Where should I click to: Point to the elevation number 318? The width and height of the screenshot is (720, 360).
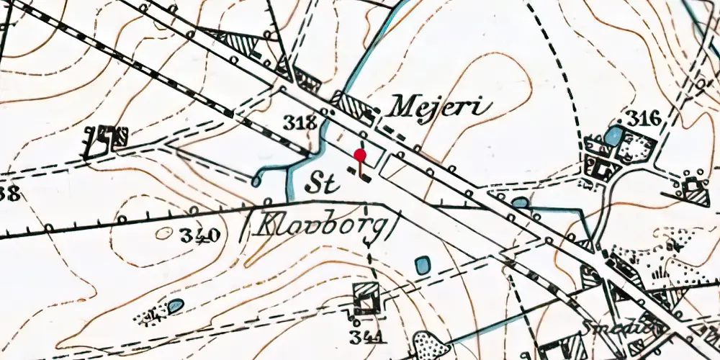[300, 123]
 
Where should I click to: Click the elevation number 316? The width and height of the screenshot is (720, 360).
[642, 117]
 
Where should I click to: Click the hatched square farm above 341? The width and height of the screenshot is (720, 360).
[367, 298]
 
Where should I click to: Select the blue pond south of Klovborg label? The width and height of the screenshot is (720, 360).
[423, 265]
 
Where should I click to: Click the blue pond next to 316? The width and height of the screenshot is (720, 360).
[613, 135]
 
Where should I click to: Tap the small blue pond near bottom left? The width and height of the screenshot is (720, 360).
[176, 307]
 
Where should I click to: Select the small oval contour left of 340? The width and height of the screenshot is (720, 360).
[165, 233]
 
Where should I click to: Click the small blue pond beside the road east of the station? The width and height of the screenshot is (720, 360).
[520, 203]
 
